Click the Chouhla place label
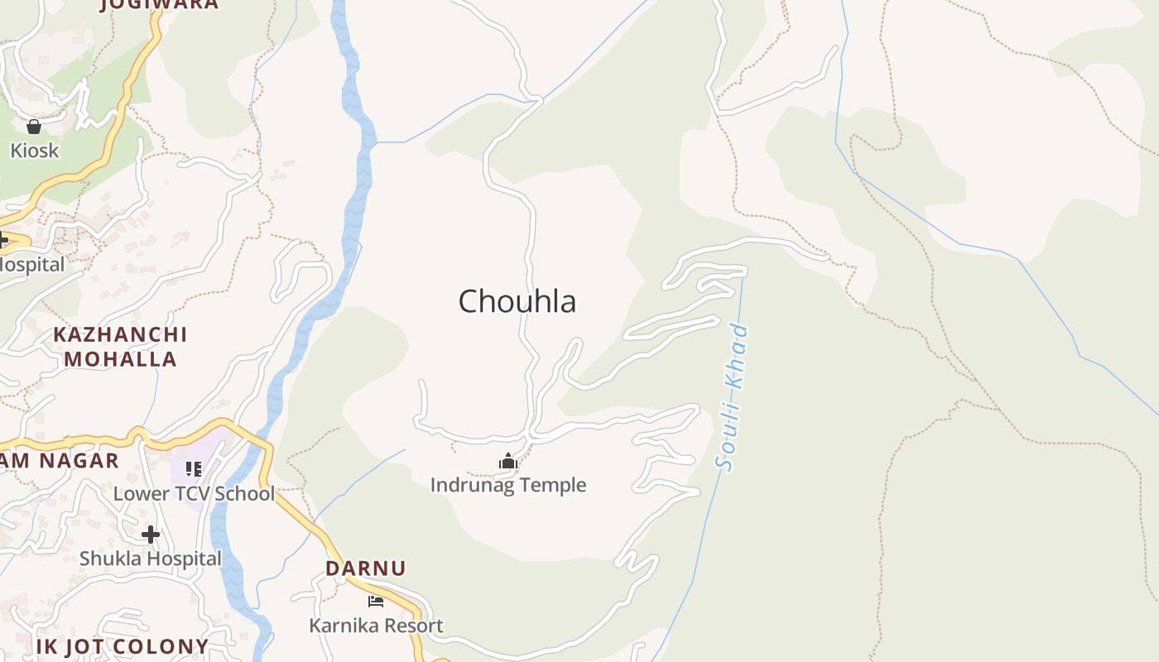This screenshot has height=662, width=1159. point(517,301)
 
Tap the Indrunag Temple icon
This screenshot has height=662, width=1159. point(507,461)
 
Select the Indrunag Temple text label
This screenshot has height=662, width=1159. point(507,485)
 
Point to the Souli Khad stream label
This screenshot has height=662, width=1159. point(733,399)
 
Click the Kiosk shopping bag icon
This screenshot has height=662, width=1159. point(34,127)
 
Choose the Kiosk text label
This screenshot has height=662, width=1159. point(35,151)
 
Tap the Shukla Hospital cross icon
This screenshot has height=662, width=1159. point(151,534)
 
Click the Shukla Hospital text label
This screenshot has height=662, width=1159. point(151,559)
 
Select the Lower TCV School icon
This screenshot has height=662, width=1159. point(194,469)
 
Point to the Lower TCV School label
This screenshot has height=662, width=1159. point(194,494)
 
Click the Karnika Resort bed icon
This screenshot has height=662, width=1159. point(376,601)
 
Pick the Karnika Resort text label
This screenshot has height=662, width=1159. point(376,626)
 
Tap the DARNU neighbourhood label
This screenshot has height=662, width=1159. point(365,568)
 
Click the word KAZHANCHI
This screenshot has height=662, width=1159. point(120,335)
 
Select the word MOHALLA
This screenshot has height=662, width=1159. point(120,359)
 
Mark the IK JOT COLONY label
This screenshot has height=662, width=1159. point(123,646)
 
